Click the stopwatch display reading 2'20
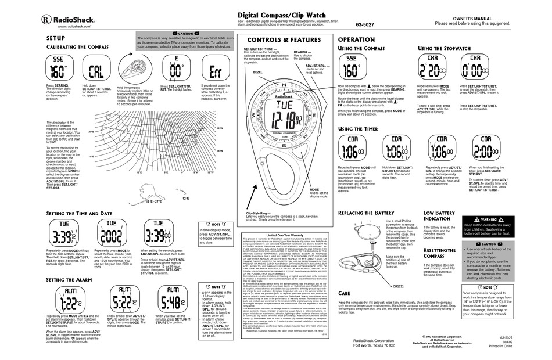coord(432,70)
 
